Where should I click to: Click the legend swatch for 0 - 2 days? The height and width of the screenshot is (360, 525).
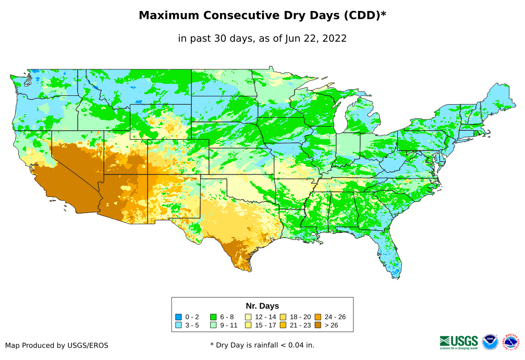(178, 317)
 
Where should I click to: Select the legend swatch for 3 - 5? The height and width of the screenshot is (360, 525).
(178, 326)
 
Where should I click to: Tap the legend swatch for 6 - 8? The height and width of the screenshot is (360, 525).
(213, 317)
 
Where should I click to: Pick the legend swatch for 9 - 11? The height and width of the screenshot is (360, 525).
(213, 326)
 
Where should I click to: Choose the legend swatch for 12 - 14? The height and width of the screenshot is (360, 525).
(248, 317)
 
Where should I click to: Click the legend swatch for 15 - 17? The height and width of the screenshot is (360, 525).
(248, 326)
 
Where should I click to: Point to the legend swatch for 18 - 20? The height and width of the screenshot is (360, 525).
(283, 317)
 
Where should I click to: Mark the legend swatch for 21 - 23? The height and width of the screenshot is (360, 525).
(283, 326)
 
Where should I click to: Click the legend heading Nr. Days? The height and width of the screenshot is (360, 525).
(262, 306)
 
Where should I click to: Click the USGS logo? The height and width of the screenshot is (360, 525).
(459, 342)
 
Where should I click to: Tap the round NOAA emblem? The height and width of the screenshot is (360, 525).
(490, 342)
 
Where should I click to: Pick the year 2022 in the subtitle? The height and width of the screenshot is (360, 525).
(335, 39)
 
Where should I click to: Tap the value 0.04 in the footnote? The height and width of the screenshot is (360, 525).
(296, 345)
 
